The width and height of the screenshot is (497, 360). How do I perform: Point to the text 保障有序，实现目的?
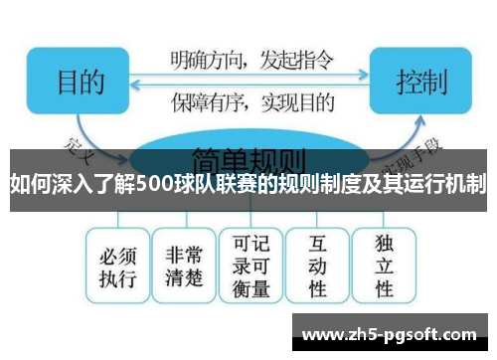pos(248,100)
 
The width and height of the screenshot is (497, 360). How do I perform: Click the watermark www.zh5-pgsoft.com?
pos(392,334)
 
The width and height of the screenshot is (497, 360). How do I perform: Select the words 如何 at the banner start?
pos(30,184)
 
